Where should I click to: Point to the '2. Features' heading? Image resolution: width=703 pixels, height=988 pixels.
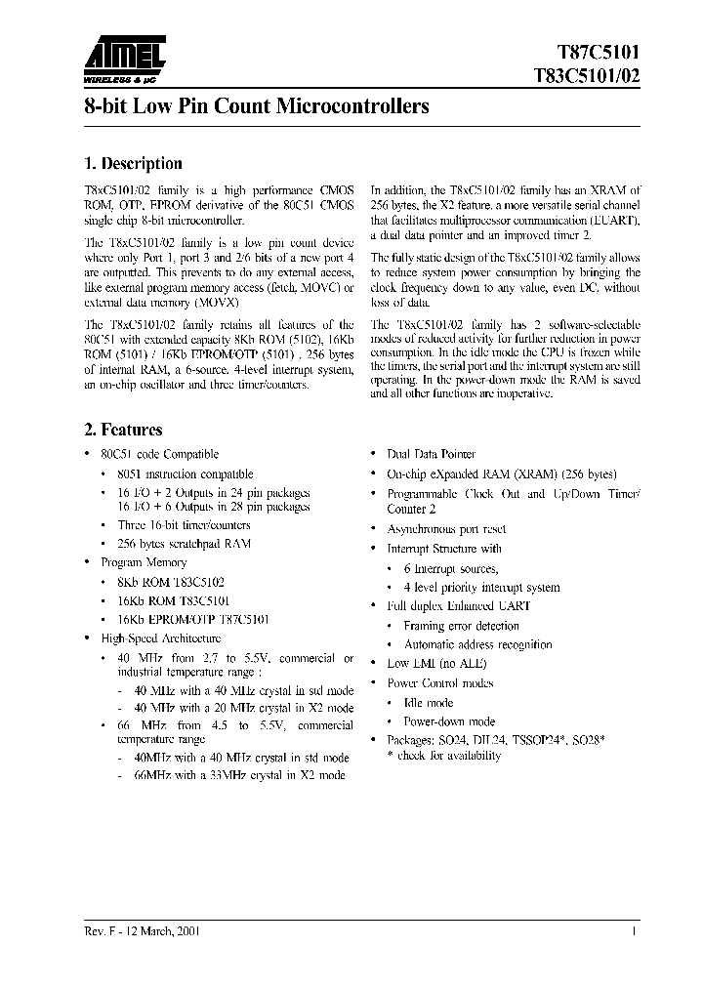[124, 430]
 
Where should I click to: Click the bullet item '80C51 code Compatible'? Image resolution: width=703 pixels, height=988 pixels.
[160, 454]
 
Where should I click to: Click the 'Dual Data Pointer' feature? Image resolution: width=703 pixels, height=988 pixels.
[432, 454]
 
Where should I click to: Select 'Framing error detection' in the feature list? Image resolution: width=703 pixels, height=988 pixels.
[461, 626]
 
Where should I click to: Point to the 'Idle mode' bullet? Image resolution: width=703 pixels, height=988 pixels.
[428, 702]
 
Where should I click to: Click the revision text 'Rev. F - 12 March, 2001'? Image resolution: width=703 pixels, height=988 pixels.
[144, 932]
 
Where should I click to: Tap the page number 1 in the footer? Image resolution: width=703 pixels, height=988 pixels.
[635, 932]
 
